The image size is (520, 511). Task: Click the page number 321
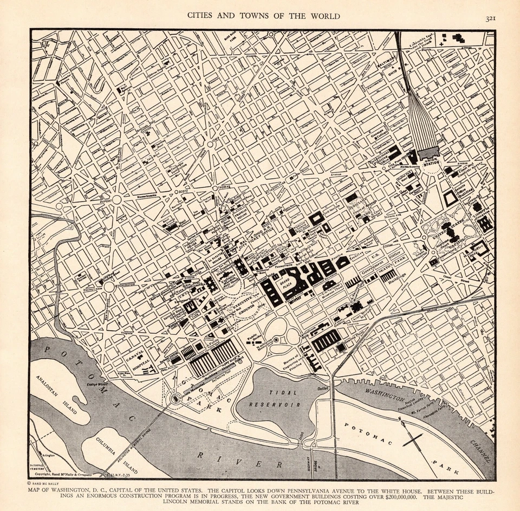point(491,18)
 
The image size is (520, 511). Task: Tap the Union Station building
point(427,153)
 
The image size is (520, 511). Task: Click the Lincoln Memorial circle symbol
point(175,399)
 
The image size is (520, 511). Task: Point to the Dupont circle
point(116,199)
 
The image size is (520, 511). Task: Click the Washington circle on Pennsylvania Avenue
point(109,287)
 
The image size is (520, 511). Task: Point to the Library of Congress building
point(485,223)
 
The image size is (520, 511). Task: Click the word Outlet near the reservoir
point(323,388)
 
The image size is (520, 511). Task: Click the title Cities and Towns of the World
point(264,16)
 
